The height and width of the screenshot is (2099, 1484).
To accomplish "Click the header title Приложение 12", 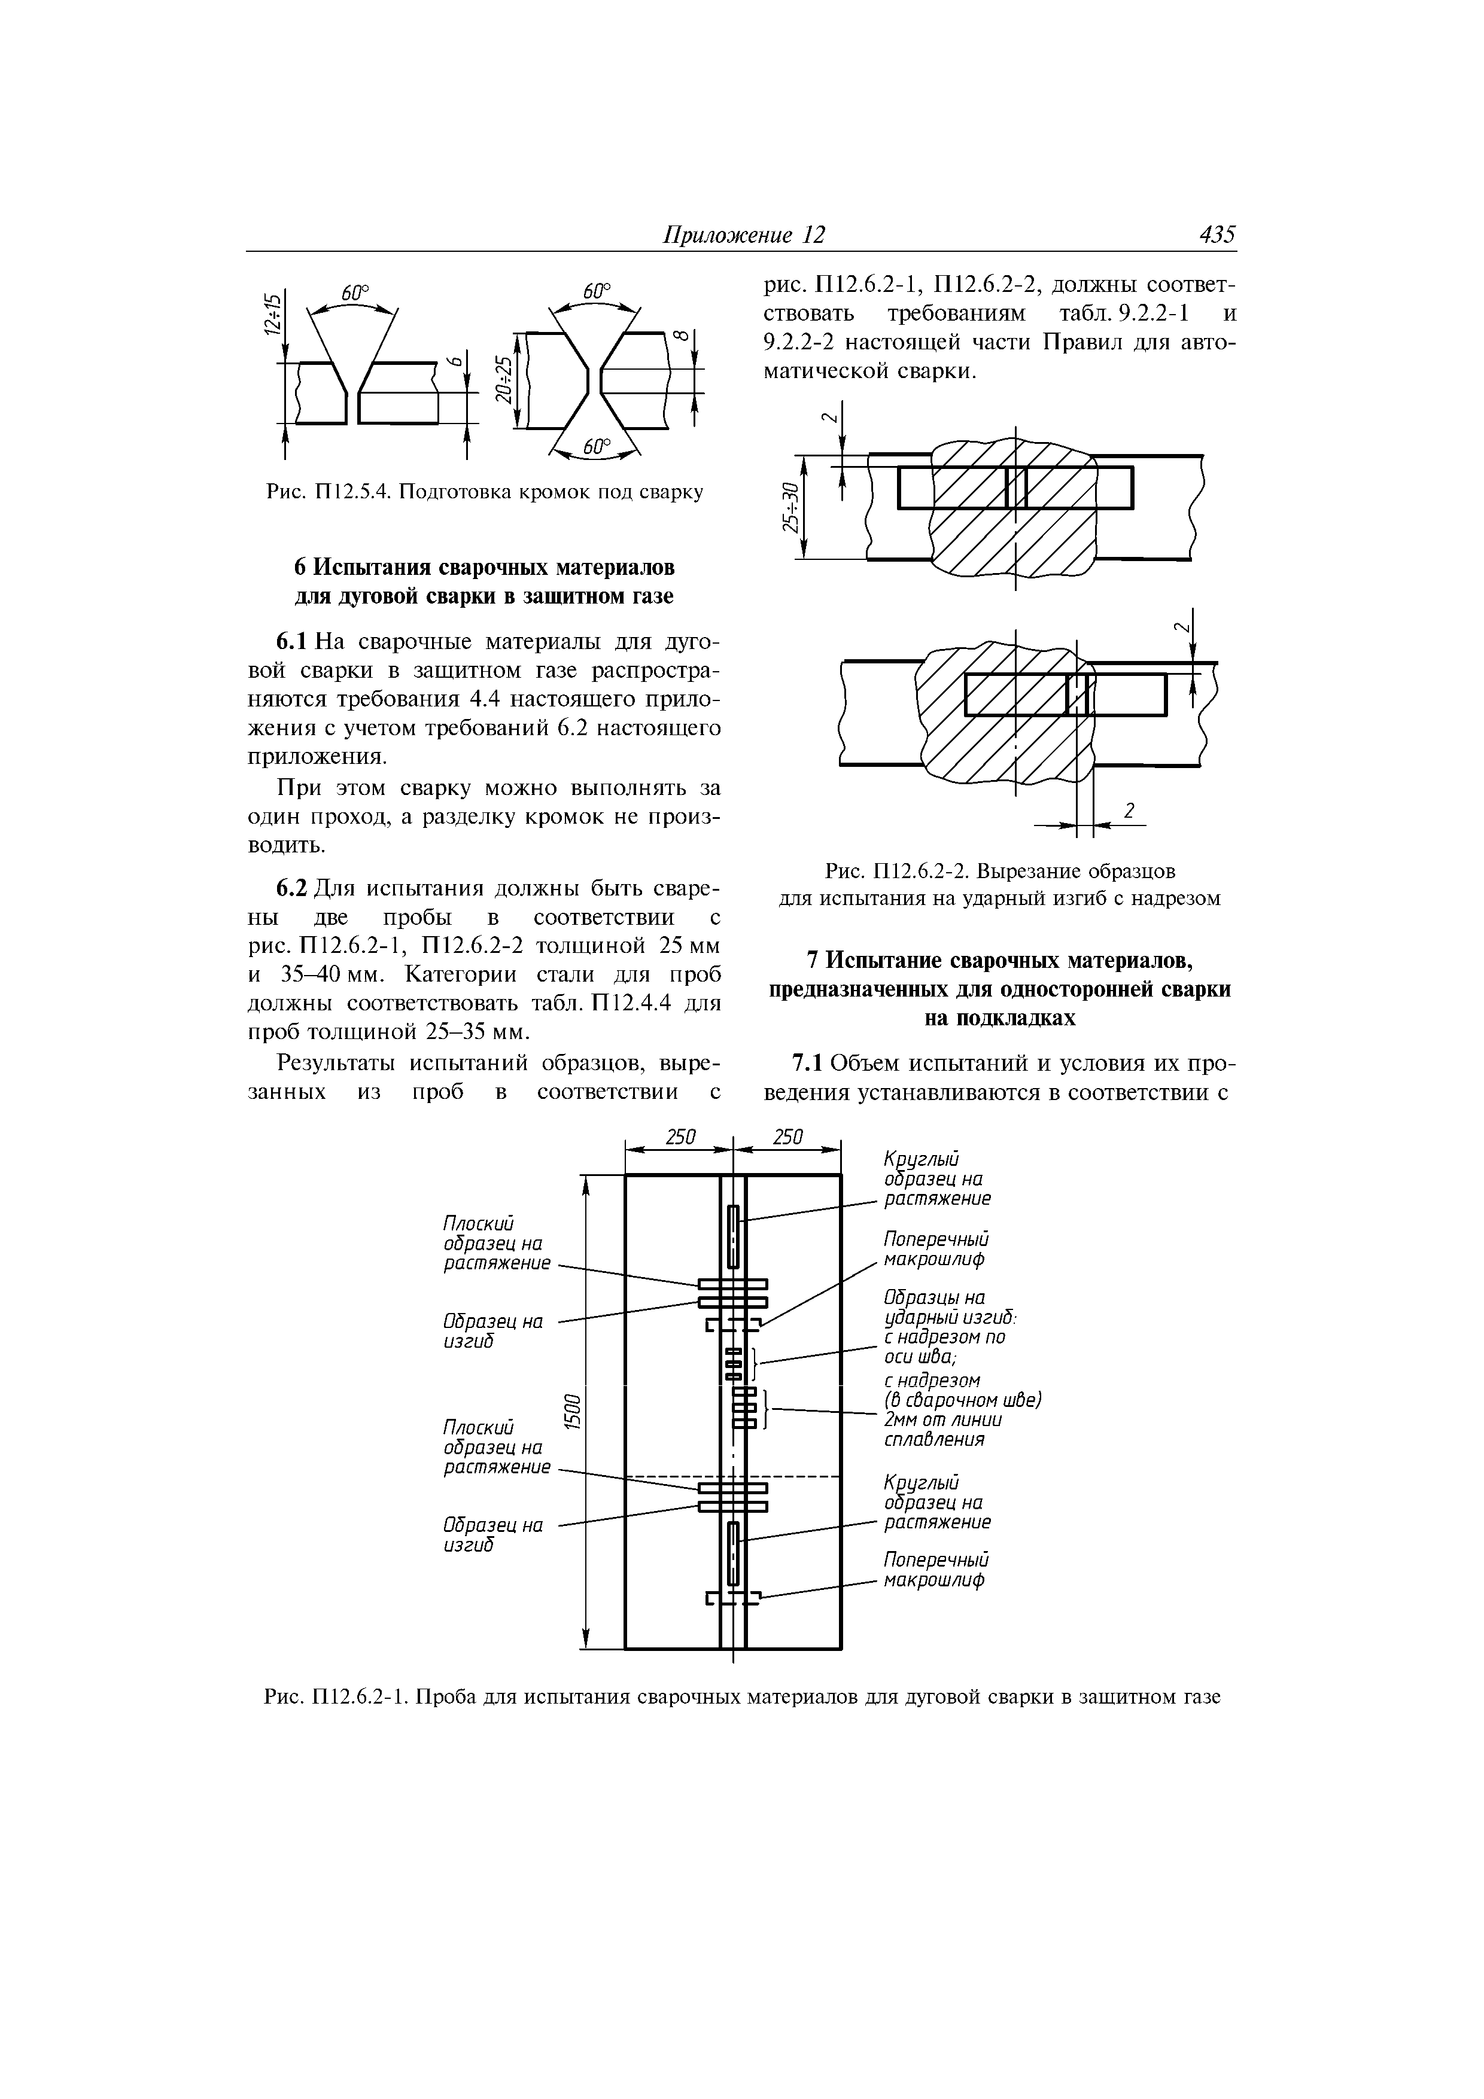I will pos(743,235).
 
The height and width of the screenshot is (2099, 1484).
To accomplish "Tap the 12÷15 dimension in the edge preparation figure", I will pos(269,315).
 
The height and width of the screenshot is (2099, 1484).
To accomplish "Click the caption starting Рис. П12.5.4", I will pos(485,493).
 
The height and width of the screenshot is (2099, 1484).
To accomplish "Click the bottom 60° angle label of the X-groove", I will pos(595,447).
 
